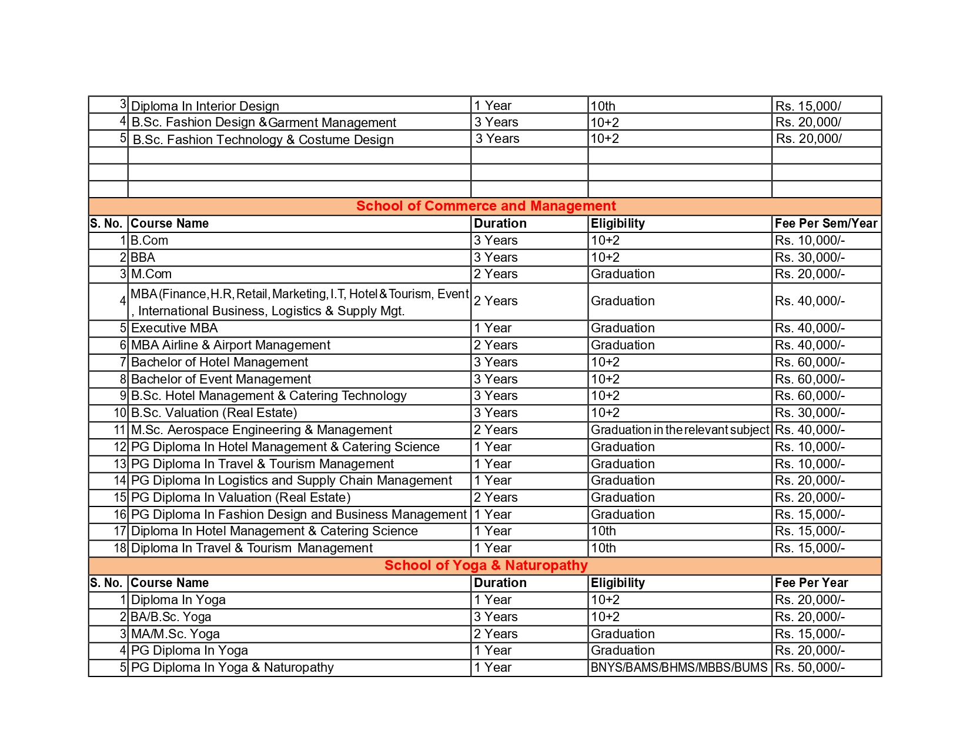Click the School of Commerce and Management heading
point(486,206)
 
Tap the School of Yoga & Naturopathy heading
point(486,566)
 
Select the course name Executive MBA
point(174,328)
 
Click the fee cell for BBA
point(810,258)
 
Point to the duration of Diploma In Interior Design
point(493,106)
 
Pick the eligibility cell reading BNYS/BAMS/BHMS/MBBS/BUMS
point(679,668)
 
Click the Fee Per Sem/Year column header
point(825,224)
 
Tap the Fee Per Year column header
point(811,583)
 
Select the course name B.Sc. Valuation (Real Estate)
point(214,413)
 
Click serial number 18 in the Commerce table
point(120,548)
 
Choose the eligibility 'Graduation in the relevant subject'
point(680,430)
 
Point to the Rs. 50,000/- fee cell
point(810,668)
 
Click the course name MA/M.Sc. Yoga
point(175,634)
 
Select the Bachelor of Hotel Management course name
point(219,362)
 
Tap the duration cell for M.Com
point(496,274)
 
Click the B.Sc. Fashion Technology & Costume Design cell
point(263,140)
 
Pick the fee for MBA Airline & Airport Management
point(810,345)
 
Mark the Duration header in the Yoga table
point(500,583)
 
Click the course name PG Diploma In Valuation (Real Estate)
point(240,498)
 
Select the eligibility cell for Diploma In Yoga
point(605,600)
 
